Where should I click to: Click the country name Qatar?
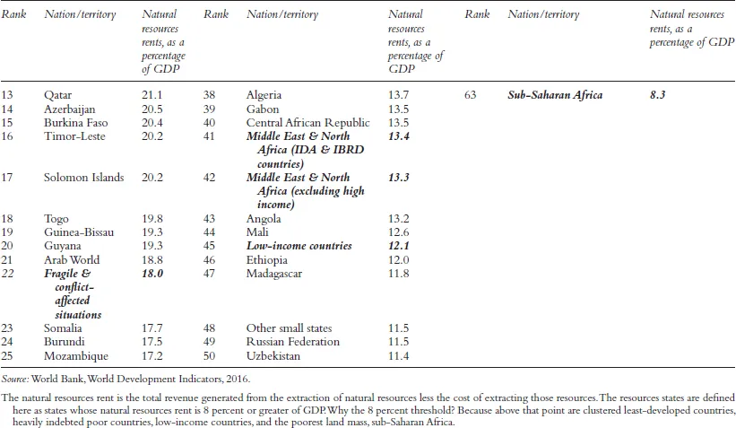click(58, 95)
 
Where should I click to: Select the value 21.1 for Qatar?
click(153, 95)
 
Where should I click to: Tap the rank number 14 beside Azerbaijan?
click(9, 109)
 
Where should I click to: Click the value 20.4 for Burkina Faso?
click(153, 122)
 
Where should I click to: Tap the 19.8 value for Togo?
click(153, 218)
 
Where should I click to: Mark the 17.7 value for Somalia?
click(153, 328)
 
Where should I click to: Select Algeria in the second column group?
click(264, 95)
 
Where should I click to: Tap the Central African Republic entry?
click(307, 122)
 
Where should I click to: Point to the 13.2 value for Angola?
click(399, 218)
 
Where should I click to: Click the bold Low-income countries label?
click(299, 246)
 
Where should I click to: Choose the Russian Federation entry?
click(292, 342)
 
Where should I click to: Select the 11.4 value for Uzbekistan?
click(399, 355)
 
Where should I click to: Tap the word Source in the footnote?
click(17, 380)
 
